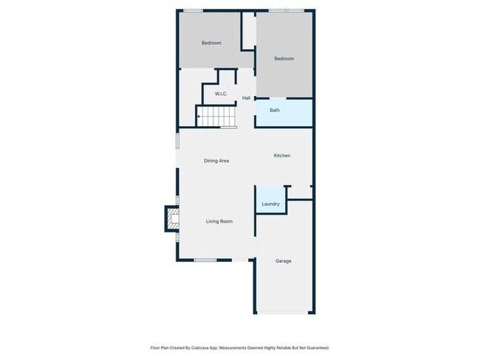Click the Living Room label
click(219, 221)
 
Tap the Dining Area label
click(216, 160)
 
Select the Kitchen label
click(282, 156)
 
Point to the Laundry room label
click(270, 204)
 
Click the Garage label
click(284, 260)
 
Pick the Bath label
click(275, 111)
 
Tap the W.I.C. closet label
click(221, 94)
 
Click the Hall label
click(246, 98)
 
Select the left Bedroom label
click(211, 43)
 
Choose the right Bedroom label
click(284, 59)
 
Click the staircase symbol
click(216, 117)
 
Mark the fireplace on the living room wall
click(172, 218)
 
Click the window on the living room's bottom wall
click(205, 260)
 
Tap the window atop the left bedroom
click(193, 10)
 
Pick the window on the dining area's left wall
click(176, 140)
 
